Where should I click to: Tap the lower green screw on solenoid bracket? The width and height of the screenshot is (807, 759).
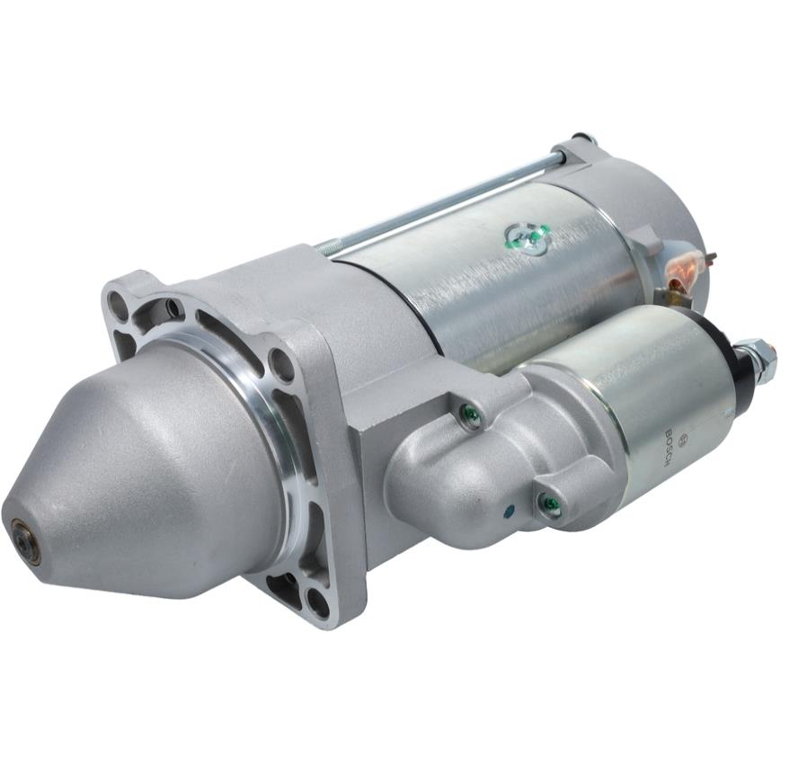[550, 501]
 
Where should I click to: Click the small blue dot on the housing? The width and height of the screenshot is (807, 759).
[510, 511]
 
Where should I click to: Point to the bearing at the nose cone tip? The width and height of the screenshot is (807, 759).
[23, 535]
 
